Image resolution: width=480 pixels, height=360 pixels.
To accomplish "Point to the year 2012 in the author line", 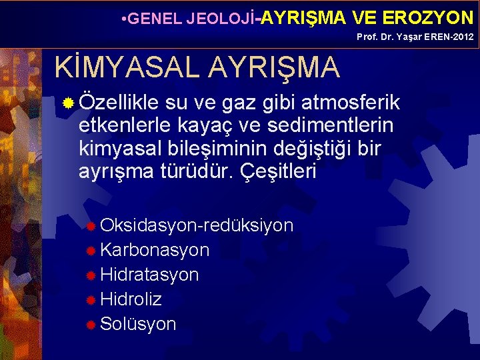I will pos(463,37).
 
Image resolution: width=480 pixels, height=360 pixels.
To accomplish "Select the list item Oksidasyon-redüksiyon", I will pos(197,225).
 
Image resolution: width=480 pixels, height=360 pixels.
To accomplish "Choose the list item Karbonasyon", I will pos(155,250).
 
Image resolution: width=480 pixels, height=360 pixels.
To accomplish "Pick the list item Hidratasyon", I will pos(149,275).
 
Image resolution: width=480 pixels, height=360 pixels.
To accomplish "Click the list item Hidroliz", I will pos(131,299).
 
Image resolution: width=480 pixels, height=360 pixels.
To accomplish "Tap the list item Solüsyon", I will pos(138,324).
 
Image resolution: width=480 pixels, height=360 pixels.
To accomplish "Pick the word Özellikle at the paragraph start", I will pos(119,103).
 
